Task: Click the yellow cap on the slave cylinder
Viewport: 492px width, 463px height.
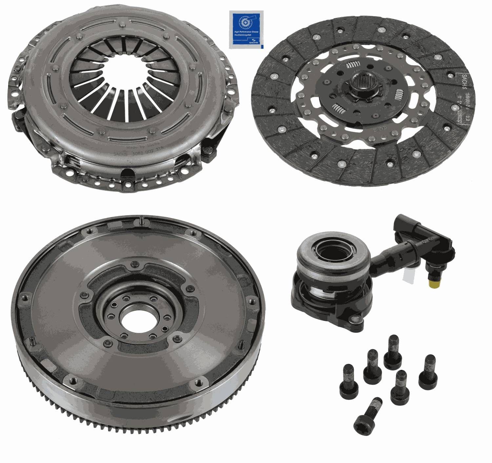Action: [434, 282]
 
